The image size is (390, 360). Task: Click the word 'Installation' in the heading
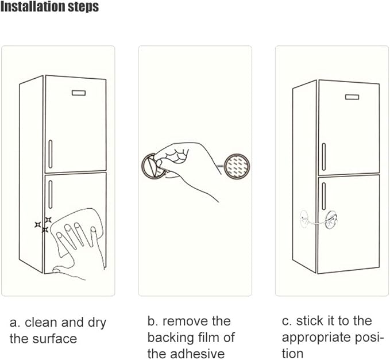tap(33, 7)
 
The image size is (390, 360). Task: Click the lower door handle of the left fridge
tap(51, 195)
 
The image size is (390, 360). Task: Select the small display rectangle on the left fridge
tap(78, 93)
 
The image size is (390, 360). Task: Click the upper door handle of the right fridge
tap(324, 156)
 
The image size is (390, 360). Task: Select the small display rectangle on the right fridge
tap(352, 96)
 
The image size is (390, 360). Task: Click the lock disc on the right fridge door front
tap(331, 217)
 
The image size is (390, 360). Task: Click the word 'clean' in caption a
tap(42, 323)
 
